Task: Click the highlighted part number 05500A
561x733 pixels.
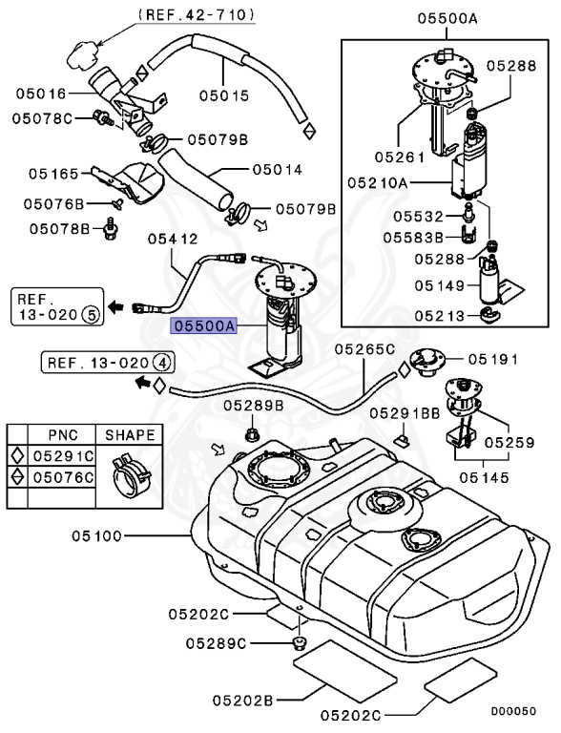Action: click(202, 325)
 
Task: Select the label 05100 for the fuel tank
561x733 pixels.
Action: click(94, 535)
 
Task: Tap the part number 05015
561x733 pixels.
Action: click(223, 95)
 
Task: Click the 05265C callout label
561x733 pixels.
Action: click(364, 350)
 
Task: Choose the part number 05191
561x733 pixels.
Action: click(491, 360)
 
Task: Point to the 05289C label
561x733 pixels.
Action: click(217, 641)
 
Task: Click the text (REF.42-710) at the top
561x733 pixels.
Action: click(196, 14)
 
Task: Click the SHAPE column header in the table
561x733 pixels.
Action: click(130, 435)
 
